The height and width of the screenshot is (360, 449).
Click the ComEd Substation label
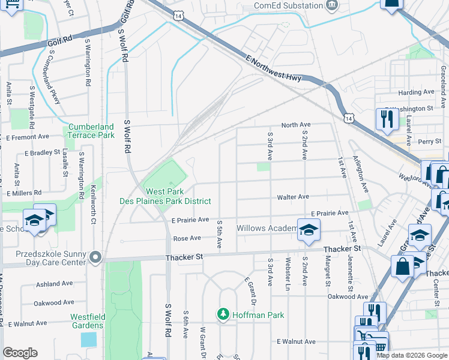click(x=288, y=5)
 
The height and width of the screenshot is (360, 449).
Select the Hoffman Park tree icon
click(x=223, y=314)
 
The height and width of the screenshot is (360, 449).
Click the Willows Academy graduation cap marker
click(x=309, y=230)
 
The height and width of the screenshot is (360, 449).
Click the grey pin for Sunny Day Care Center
click(x=95, y=257)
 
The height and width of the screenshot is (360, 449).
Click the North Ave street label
click(x=295, y=125)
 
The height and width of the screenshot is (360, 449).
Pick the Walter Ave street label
click(x=293, y=197)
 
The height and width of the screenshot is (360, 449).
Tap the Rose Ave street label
click(x=187, y=238)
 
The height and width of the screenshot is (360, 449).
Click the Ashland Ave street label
click(x=54, y=283)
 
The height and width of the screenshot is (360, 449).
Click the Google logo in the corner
click(x=20, y=353)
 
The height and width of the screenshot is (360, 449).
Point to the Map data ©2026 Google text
click(x=412, y=355)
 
